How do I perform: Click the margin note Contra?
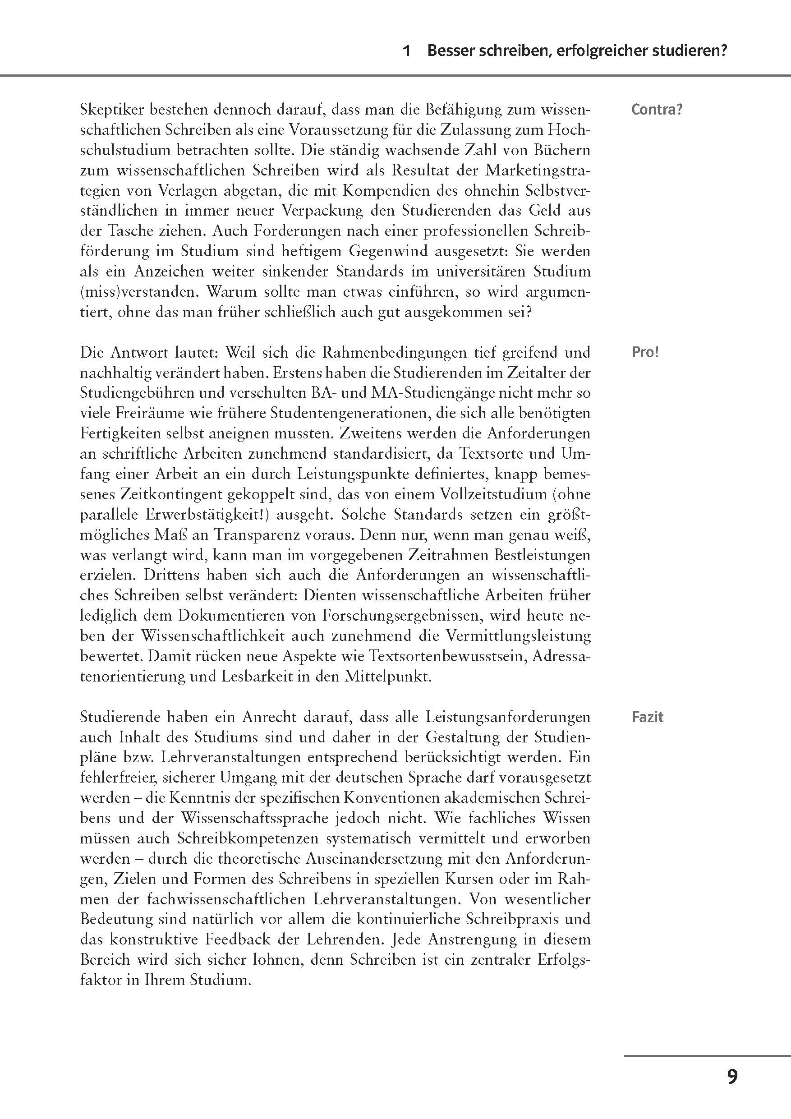click(x=657, y=109)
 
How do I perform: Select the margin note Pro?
click(x=645, y=352)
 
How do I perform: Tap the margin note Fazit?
click(x=647, y=718)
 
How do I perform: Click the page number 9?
click(x=732, y=1076)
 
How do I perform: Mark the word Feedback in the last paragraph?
click(x=247, y=939)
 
